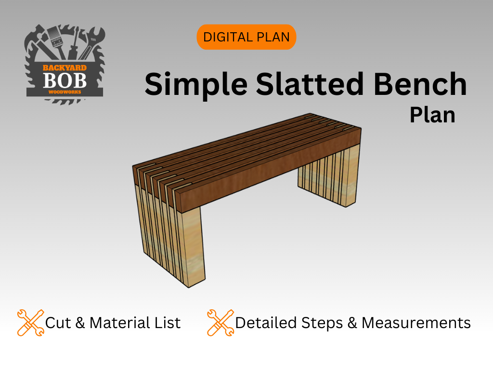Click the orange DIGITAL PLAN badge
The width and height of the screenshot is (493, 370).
click(246, 37)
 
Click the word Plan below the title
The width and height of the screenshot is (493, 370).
click(432, 115)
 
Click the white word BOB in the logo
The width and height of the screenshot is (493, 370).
click(65, 81)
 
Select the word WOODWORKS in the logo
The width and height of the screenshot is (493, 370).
click(65, 92)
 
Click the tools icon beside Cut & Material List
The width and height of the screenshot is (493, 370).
click(30, 322)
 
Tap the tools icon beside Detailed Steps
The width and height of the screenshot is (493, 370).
click(221, 322)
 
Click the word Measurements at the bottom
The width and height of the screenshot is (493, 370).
click(416, 322)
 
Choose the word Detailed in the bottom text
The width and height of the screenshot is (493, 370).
click(266, 322)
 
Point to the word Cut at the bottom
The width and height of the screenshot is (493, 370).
click(58, 322)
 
